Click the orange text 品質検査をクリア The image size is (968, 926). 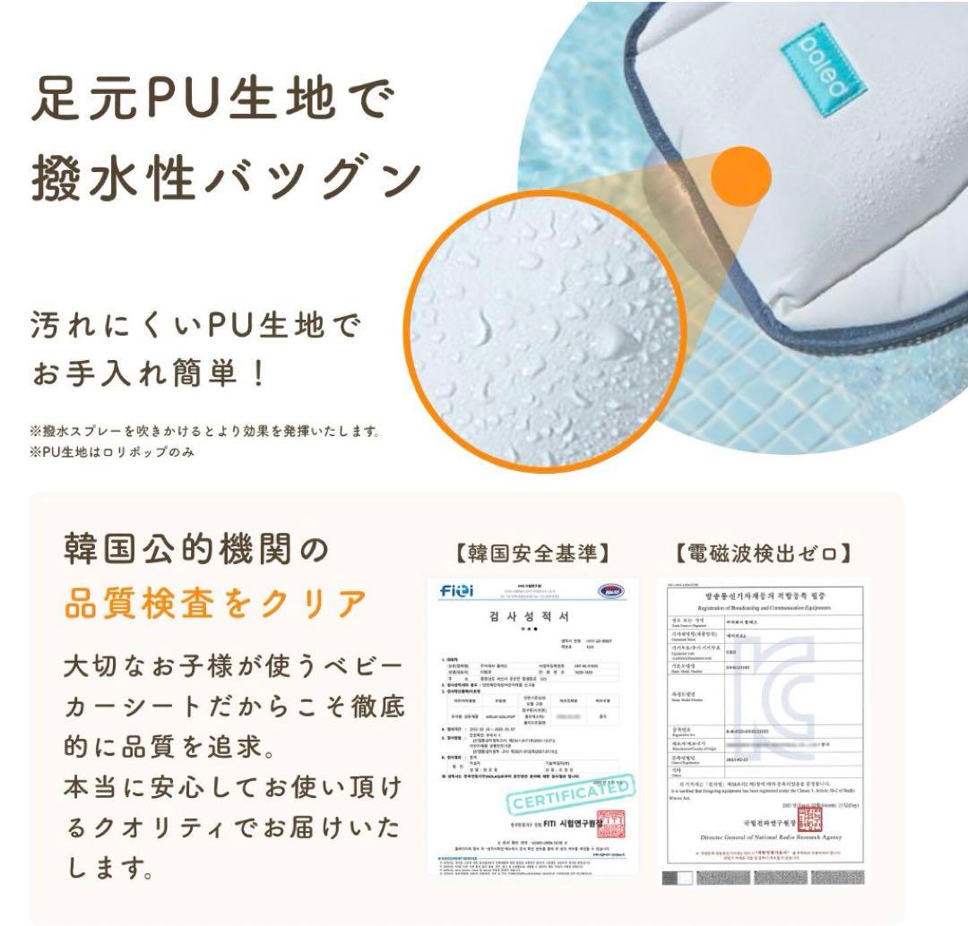(x=215, y=605)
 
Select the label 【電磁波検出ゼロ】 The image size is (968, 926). (x=765, y=553)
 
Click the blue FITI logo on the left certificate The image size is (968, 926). (x=459, y=591)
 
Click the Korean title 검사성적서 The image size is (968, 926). (x=532, y=617)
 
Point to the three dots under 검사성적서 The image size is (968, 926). (x=532, y=630)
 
